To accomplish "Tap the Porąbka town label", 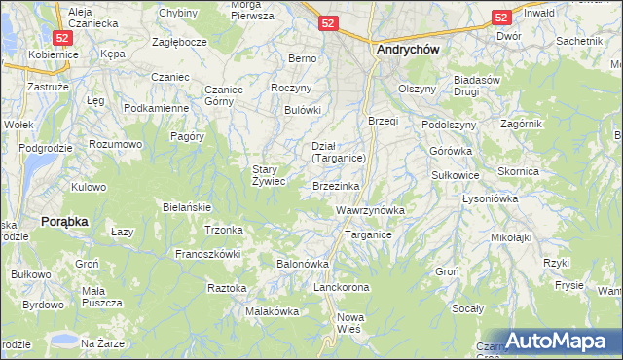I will pyautogui.click(x=65, y=221).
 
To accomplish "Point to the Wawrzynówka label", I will pyautogui.click(x=369, y=210).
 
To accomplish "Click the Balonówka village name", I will pyautogui.click(x=304, y=264).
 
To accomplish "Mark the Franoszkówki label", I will pyautogui.click(x=206, y=253).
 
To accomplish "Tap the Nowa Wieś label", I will pyautogui.click(x=349, y=323).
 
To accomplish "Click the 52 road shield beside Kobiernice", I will pyautogui.click(x=61, y=36).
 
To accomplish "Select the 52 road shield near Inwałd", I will pyautogui.click(x=501, y=17).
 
